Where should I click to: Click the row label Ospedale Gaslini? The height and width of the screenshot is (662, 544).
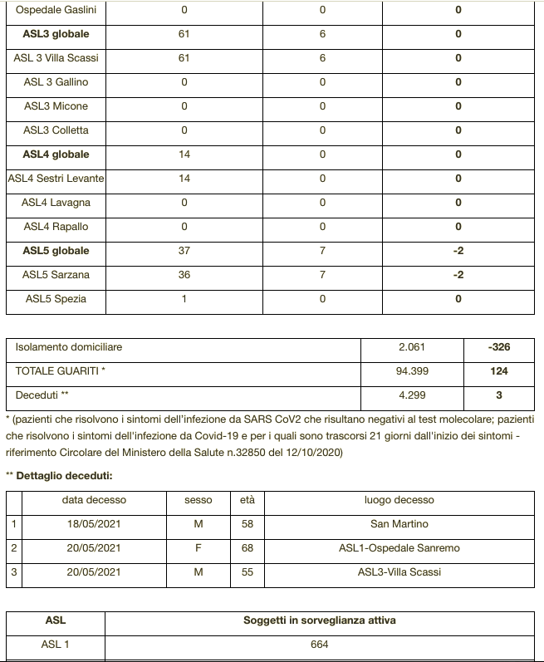click(x=56, y=10)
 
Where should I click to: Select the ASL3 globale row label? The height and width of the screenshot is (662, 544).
click(x=56, y=34)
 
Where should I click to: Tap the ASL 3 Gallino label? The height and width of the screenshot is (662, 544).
click(x=56, y=82)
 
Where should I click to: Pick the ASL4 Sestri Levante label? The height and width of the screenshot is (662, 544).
click(x=56, y=179)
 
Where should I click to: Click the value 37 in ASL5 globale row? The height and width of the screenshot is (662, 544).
click(x=184, y=251)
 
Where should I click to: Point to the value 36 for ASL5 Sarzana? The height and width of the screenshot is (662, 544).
click(x=184, y=275)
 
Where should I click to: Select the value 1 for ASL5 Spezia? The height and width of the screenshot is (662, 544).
click(x=184, y=299)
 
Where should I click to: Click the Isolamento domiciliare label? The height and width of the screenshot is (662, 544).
click(x=69, y=346)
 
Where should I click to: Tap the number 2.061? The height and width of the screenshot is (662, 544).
click(x=413, y=347)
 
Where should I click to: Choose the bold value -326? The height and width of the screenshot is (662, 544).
click(x=500, y=347)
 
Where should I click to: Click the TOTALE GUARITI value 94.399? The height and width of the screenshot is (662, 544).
click(x=413, y=371)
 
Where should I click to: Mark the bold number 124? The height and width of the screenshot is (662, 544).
click(x=500, y=371)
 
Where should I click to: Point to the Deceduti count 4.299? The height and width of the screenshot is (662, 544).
click(x=413, y=395)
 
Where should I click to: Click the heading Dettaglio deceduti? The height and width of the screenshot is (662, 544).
click(x=63, y=475)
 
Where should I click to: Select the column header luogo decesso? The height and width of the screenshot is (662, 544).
click(x=399, y=500)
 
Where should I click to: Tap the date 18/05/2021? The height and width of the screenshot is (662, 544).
click(x=94, y=524)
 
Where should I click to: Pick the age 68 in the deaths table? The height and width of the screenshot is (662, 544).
click(x=247, y=548)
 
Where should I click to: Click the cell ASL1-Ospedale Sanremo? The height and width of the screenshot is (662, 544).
click(x=399, y=548)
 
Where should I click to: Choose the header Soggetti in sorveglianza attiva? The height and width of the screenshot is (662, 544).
click(x=320, y=620)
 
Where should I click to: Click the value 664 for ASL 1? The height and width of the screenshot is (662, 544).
click(x=320, y=645)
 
